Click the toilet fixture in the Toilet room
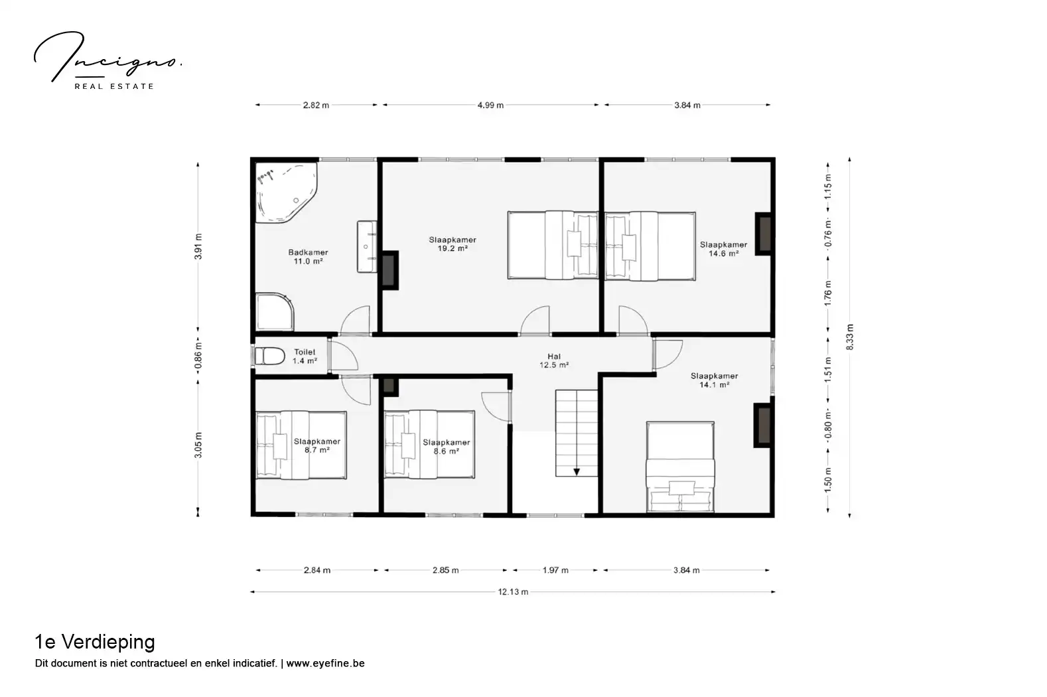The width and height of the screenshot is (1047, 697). [269, 356]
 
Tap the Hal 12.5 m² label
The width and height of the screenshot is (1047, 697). [554, 360]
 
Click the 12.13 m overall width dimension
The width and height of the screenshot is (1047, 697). [513, 591]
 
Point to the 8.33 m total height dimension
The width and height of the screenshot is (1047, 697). [850, 337]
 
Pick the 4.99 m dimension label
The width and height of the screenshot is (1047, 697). [490, 106]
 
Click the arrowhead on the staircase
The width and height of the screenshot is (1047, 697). [577, 472]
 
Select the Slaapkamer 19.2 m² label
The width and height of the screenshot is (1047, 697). [453, 244]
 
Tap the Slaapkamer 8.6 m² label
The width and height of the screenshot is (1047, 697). [447, 447]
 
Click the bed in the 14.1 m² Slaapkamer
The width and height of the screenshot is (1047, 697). [680, 467]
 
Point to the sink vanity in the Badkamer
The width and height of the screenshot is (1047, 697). [367, 246]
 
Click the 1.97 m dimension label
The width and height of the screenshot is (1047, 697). [555, 570]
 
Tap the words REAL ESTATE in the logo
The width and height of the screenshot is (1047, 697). [114, 86]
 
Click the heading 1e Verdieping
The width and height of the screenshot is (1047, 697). [95, 642]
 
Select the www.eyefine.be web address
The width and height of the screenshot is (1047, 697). [325, 663]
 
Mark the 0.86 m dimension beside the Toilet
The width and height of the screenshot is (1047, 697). [198, 356]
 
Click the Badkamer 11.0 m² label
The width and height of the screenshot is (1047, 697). [308, 257]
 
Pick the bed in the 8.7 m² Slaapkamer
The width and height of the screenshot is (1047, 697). [301, 445]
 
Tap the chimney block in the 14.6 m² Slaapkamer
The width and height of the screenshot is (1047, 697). [764, 234]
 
